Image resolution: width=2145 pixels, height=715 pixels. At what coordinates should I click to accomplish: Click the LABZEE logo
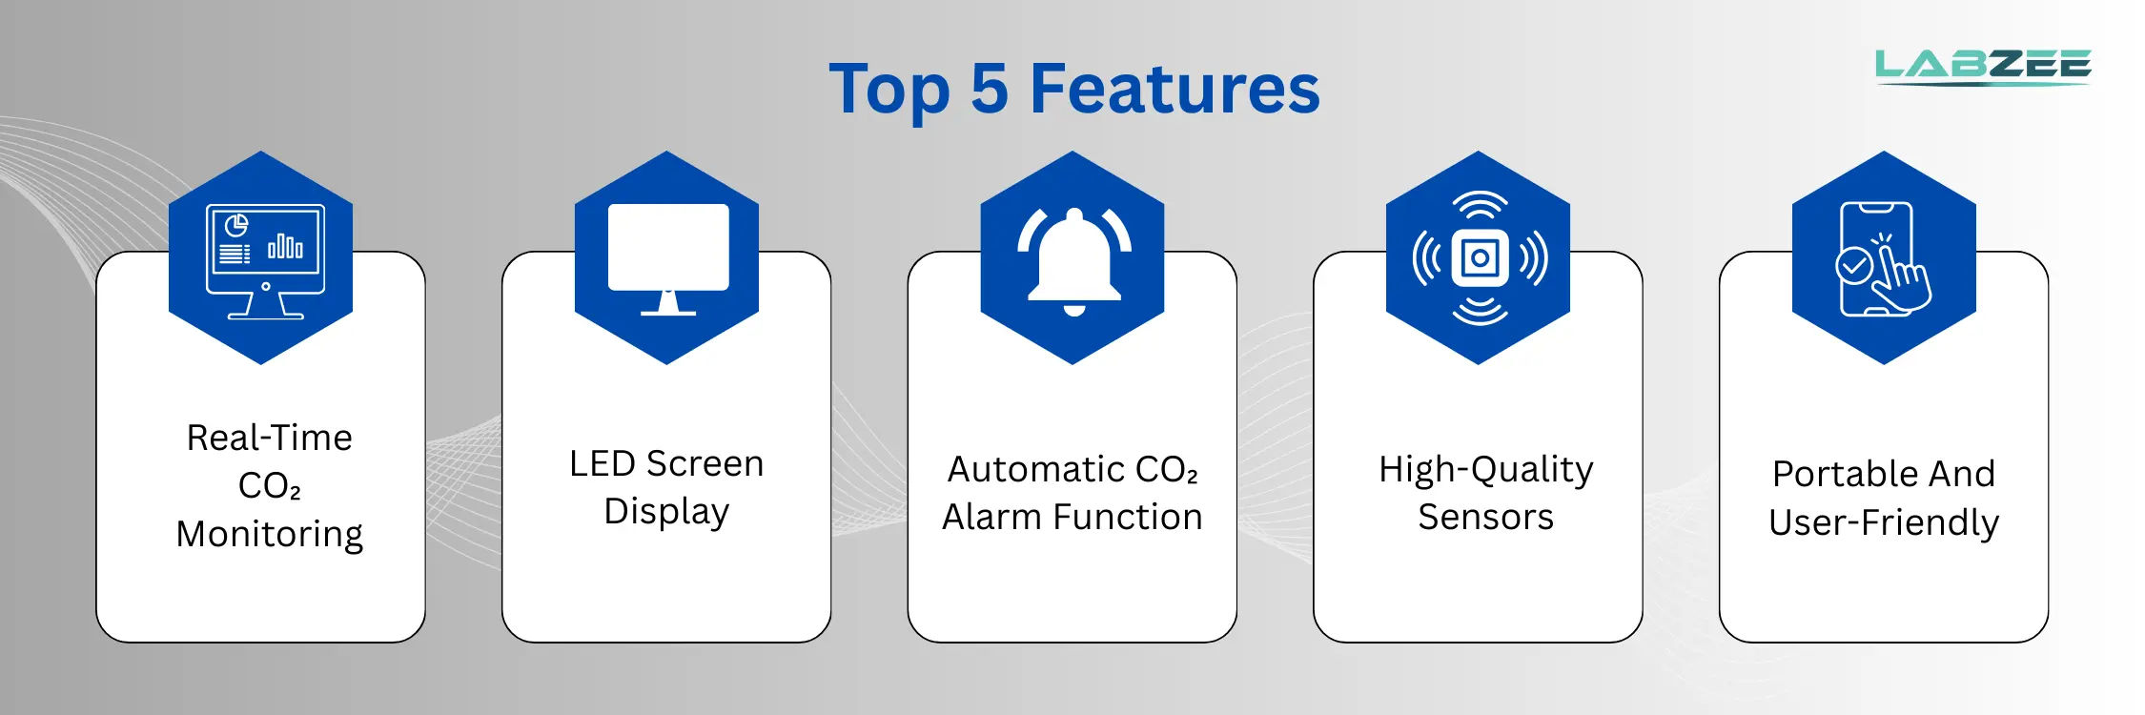1983,67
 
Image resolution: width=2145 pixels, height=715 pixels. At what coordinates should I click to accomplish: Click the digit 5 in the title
990,89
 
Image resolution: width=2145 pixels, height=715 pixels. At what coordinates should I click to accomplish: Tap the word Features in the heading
1175,89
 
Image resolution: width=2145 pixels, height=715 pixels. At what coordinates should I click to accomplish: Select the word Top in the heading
889,92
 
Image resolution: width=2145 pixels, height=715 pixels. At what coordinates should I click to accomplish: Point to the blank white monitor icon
668,258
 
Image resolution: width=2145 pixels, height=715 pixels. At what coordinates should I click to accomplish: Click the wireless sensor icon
1480,258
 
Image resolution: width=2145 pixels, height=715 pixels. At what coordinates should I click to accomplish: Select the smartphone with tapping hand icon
1883,259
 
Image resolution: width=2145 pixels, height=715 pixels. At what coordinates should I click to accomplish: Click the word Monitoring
270,534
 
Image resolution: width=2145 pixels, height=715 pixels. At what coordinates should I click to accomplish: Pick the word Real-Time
270,438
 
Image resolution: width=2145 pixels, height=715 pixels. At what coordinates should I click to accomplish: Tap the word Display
666,512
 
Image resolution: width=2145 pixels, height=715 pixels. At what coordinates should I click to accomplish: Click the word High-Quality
1486,470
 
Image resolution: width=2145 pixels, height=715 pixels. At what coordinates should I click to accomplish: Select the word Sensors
1485,517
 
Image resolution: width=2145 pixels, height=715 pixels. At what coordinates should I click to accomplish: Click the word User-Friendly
1884,523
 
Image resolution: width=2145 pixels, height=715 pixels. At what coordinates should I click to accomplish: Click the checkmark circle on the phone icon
1853,265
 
